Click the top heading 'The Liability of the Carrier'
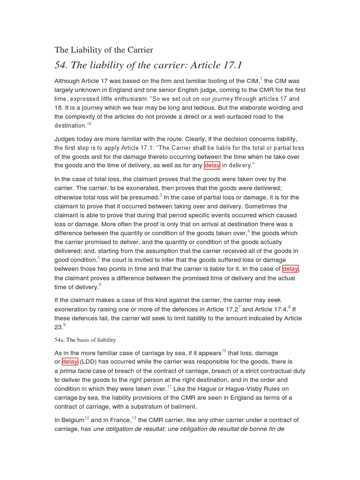click(104, 50)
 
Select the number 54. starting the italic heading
click(63, 65)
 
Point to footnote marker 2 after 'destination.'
click(90, 123)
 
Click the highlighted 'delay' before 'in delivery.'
click(212, 165)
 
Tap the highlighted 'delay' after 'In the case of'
click(291, 269)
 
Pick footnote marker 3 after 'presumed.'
click(160, 195)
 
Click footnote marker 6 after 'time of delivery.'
click(100, 285)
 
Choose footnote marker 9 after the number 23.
click(64, 325)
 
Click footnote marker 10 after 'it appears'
click(224, 350)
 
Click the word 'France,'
click(119, 420)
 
